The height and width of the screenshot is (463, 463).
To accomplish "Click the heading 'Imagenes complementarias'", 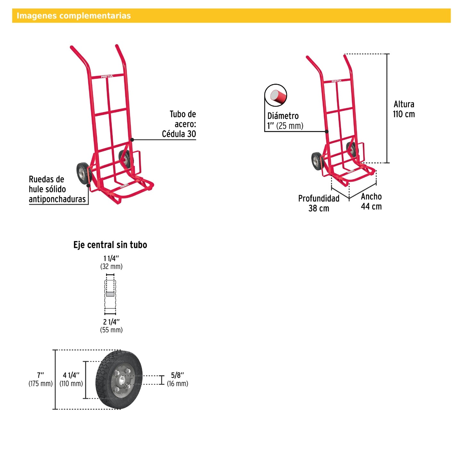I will point(74,16).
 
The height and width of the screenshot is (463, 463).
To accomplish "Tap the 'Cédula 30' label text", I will point(179,134).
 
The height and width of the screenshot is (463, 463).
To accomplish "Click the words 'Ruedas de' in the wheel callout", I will point(46,179).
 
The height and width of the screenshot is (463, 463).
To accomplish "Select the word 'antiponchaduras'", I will point(57,199).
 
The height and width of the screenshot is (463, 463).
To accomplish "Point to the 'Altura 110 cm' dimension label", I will point(404,109).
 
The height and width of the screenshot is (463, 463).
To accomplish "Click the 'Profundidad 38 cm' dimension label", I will point(319,203).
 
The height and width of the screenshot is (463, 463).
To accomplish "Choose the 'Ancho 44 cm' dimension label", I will point(371,202).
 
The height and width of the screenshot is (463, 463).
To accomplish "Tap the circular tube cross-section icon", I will point(276,95).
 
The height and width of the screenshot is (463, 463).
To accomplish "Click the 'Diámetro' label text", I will point(283,116).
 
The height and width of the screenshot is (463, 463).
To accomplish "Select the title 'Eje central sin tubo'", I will point(110,245).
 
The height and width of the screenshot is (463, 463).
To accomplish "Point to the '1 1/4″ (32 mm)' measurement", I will point(111,262).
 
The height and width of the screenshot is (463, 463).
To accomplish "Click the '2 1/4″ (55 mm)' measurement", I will point(111,326).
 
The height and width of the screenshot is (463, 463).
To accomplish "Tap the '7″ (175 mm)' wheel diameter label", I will point(40,379).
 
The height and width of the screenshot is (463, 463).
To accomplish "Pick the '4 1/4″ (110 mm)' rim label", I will point(71,379).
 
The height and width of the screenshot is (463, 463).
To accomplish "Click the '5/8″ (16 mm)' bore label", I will point(178,379).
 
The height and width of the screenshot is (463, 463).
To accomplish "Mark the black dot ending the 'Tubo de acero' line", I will point(132,140).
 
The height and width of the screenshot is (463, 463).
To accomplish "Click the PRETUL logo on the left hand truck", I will point(107,77).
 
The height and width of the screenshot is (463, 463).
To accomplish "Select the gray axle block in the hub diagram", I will point(110,294).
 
